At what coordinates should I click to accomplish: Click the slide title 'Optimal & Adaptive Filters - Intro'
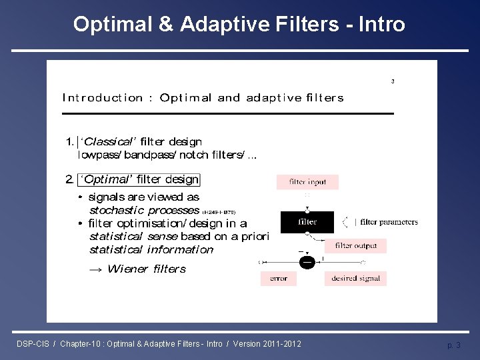click(239, 25)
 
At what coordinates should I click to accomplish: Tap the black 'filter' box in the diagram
click(307, 222)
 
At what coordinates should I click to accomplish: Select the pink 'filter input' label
click(307, 182)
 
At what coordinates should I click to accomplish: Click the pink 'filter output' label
click(355, 246)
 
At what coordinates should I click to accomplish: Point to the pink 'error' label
click(279, 279)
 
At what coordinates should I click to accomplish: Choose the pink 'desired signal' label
click(355, 279)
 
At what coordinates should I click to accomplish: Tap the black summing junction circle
click(307, 262)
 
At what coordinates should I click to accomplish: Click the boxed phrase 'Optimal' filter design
click(139, 179)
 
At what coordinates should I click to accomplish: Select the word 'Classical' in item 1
click(109, 141)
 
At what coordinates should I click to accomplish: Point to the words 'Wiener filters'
click(147, 269)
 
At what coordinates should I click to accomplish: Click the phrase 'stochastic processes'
click(144, 211)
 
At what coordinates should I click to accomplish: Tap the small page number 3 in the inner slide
click(393, 81)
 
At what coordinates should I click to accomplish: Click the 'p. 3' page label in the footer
click(453, 345)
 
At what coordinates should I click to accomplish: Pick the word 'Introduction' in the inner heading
click(103, 98)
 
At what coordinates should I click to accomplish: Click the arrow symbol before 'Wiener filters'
click(96, 269)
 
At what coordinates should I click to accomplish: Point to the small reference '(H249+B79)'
click(219, 212)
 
